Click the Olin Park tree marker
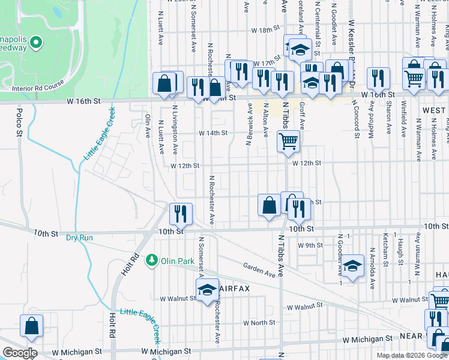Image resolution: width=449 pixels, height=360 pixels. [x=153, y=260]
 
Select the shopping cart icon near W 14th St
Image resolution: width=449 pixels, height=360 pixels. [x=288, y=142]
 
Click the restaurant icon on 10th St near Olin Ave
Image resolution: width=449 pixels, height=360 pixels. [x=180, y=213]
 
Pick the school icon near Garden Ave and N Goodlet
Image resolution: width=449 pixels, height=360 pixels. [x=353, y=265]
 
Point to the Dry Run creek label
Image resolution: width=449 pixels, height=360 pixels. [x=79, y=238]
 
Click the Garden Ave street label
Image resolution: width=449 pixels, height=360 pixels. [x=259, y=269]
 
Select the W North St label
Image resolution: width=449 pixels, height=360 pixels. [x=259, y=322]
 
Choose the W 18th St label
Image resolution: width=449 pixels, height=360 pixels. [x=266, y=29]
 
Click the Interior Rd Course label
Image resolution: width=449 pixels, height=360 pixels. [x=38, y=88]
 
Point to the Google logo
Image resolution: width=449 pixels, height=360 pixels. [x=20, y=353]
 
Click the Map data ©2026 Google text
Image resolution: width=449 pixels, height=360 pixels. [x=412, y=355]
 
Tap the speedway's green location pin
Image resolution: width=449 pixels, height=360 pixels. [x=36, y=43]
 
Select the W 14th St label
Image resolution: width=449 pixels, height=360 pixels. [x=214, y=133]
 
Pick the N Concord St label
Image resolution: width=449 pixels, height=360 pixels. [x=357, y=124]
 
